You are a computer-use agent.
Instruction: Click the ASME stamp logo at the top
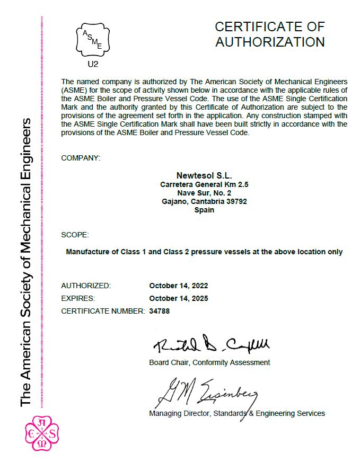pyautogui.click(x=93, y=39)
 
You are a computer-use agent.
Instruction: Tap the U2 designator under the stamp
pyautogui.click(x=93, y=65)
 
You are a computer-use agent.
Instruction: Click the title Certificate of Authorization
pyautogui.click(x=269, y=34)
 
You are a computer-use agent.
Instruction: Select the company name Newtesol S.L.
pyautogui.click(x=204, y=175)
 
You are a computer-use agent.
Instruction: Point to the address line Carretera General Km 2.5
pyautogui.click(x=204, y=184)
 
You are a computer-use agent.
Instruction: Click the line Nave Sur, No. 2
pyautogui.click(x=204, y=193)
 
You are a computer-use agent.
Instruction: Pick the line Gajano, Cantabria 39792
pyautogui.click(x=204, y=201)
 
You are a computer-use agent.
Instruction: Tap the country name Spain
pyautogui.click(x=204, y=210)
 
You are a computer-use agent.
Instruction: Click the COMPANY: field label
pyautogui.click(x=80, y=158)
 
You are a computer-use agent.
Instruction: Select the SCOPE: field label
pyautogui.click(x=75, y=235)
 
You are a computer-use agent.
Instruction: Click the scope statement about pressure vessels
pyautogui.click(x=204, y=252)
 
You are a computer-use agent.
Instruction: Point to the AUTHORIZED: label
pyautogui.click(x=86, y=286)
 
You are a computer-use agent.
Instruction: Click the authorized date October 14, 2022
pyautogui.click(x=179, y=286)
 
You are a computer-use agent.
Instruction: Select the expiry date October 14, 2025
pyautogui.click(x=179, y=298)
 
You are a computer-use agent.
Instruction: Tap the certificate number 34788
pyautogui.click(x=160, y=311)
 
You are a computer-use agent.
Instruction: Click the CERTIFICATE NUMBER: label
pyautogui.click(x=103, y=311)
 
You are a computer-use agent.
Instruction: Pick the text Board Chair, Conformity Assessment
pyautogui.click(x=209, y=362)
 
